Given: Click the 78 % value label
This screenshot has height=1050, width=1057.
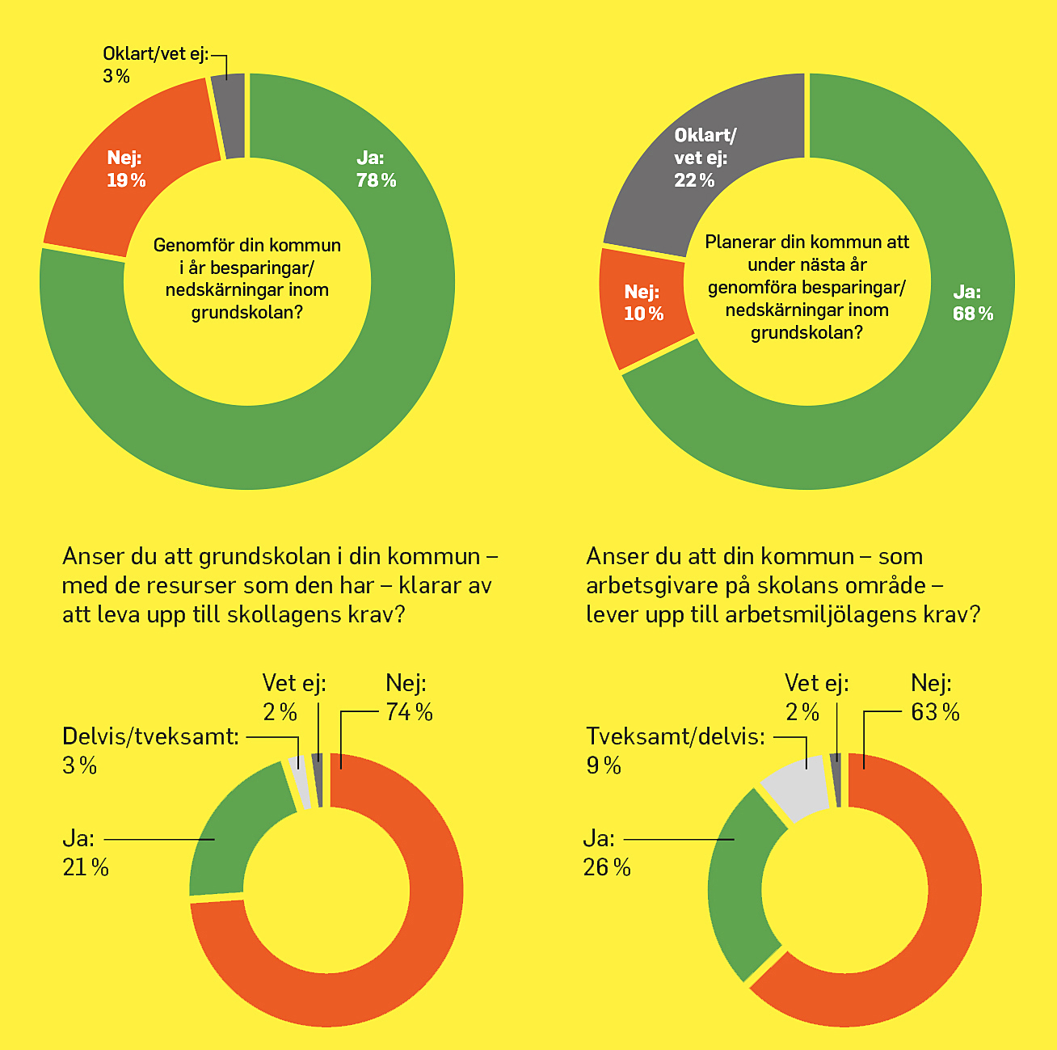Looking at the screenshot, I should click(x=377, y=180).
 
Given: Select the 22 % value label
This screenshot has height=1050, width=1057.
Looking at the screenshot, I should click(x=694, y=180).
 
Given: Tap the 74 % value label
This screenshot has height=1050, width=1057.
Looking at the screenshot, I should click(x=410, y=712).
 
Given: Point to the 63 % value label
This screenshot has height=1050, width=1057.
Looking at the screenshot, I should click(x=935, y=712).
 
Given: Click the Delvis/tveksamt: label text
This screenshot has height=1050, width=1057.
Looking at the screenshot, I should click(x=150, y=736).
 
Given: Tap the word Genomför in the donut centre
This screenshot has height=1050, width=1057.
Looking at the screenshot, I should click(x=194, y=245).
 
